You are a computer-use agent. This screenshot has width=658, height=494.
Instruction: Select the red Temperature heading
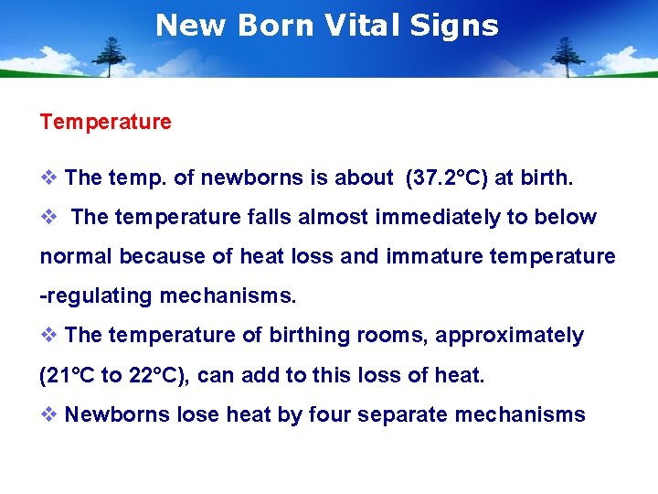(105, 122)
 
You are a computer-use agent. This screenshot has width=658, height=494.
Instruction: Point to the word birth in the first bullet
(547, 178)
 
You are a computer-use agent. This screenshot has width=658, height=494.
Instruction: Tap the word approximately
(509, 336)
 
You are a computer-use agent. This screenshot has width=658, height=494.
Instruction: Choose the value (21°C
(69, 375)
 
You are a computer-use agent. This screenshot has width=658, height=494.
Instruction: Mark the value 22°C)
(158, 375)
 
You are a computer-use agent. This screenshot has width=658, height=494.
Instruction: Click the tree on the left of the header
(112, 57)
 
